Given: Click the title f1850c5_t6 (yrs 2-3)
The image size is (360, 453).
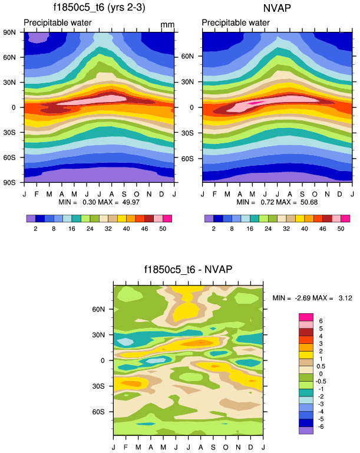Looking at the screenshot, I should pos(98,8).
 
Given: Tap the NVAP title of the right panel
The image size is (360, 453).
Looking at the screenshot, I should pos(277,8).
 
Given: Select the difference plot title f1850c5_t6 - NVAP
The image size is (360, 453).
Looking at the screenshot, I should pos(188,270).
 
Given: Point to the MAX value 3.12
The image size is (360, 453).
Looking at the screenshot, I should pos(345,298).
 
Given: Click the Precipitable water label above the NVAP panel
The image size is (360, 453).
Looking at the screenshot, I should pos(236,22).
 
